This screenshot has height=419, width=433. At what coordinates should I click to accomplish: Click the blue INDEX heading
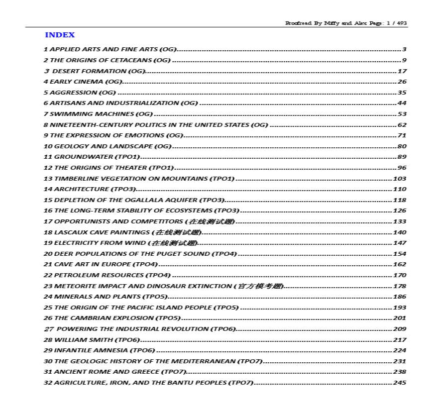coord(60,35)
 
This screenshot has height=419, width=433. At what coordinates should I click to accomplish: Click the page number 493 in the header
coord(402,23)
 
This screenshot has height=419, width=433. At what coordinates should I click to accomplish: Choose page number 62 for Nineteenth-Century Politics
coord(402,125)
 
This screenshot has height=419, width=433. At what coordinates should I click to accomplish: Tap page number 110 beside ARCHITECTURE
coord(400,189)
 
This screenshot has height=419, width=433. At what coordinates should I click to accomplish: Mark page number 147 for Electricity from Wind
coord(400,243)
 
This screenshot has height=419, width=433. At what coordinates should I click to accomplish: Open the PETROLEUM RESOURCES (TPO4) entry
coord(107,275)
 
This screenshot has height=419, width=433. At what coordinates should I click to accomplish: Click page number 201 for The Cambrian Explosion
coord(400,318)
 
